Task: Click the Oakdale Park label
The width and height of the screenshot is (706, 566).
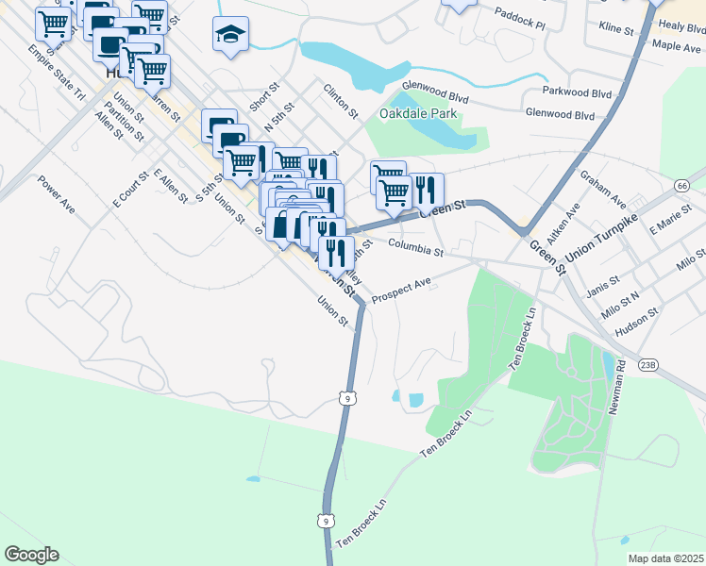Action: (x=418, y=114)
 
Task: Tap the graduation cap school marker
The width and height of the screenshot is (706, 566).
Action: (x=230, y=35)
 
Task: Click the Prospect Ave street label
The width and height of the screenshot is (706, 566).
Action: (x=401, y=290)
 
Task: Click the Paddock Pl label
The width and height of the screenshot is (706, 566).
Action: (x=520, y=19)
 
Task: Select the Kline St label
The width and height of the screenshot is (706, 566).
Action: (x=616, y=30)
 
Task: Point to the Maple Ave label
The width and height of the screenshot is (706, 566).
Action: (x=677, y=45)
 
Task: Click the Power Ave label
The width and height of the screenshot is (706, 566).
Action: (x=56, y=191)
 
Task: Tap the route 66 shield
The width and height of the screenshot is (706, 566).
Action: (x=681, y=186)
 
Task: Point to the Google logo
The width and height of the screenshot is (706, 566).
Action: (x=31, y=555)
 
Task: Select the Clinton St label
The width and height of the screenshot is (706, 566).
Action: (x=341, y=101)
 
